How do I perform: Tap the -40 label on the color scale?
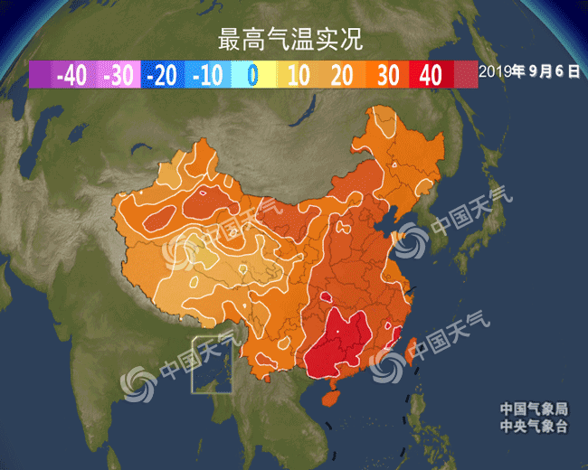pyautogui.click(x=71, y=75)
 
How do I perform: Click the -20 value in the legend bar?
pyautogui.click(x=163, y=75)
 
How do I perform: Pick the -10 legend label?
pyautogui.click(x=207, y=75)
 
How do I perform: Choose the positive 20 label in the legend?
pyautogui.click(x=342, y=75)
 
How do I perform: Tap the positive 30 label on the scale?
pyautogui.click(x=387, y=75)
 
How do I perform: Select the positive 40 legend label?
pyautogui.click(x=432, y=75)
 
